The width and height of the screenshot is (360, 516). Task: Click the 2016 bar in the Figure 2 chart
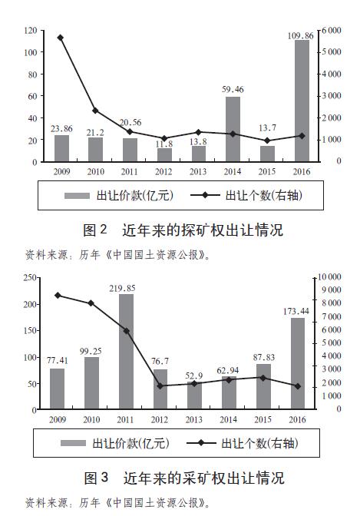(x=302, y=101)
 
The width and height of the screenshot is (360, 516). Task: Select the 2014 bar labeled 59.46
(x=233, y=129)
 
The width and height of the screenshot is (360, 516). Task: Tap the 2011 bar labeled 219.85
(x=127, y=352)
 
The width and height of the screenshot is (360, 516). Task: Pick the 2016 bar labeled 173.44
(x=298, y=363)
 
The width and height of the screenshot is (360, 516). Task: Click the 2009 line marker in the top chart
(x=60, y=38)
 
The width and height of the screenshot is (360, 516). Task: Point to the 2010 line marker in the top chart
(x=95, y=111)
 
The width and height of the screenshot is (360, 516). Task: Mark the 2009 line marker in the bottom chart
(x=58, y=296)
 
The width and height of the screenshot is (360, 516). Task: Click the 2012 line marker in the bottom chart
(x=160, y=386)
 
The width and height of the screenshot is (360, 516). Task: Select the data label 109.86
(x=300, y=35)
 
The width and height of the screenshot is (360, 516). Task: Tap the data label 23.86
(x=61, y=129)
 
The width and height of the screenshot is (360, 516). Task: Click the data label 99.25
(x=91, y=352)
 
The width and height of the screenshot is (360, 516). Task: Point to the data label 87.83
(x=264, y=357)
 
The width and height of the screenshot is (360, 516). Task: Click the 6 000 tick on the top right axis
(x=332, y=30)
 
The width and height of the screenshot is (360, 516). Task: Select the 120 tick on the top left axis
(x=31, y=31)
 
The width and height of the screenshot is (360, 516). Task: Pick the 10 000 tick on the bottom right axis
(x=329, y=276)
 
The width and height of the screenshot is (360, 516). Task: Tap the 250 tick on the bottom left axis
(x=30, y=278)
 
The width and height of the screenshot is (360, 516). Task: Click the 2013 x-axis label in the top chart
(x=198, y=172)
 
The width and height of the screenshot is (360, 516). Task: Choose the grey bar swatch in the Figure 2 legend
(x=77, y=196)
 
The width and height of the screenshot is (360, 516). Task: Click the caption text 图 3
(x=96, y=478)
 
